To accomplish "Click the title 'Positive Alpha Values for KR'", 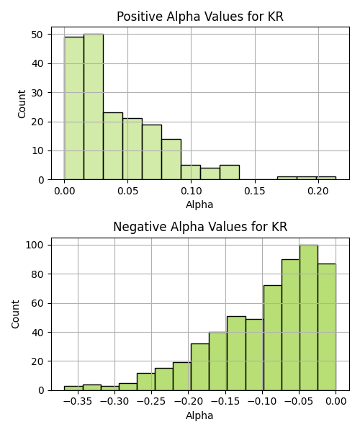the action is [200, 17].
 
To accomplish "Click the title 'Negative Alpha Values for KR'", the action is [200, 227].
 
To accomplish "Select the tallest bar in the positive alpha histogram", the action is [94, 107].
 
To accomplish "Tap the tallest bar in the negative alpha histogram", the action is [309, 318].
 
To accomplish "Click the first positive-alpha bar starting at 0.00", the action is [74, 108].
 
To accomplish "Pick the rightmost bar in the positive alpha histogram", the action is [326, 179].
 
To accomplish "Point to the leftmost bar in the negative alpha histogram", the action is [73, 388].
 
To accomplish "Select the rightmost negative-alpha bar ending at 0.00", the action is [327, 327].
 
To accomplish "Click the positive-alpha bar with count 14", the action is [171, 160].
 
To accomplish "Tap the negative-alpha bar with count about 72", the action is [273, 338].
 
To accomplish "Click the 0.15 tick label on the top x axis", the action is [255, 191].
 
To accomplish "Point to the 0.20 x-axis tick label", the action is [318, 191].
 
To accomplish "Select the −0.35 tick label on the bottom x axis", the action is [78, 401].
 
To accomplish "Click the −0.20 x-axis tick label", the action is [189, 401].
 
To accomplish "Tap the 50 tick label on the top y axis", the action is [37, 35].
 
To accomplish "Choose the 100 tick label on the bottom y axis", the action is [35, 245].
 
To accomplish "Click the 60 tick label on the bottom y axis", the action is [37, 303].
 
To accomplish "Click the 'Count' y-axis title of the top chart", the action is [22, 104].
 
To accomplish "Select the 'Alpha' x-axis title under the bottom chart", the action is [199, 415].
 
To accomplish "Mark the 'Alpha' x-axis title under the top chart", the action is [199, 204].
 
